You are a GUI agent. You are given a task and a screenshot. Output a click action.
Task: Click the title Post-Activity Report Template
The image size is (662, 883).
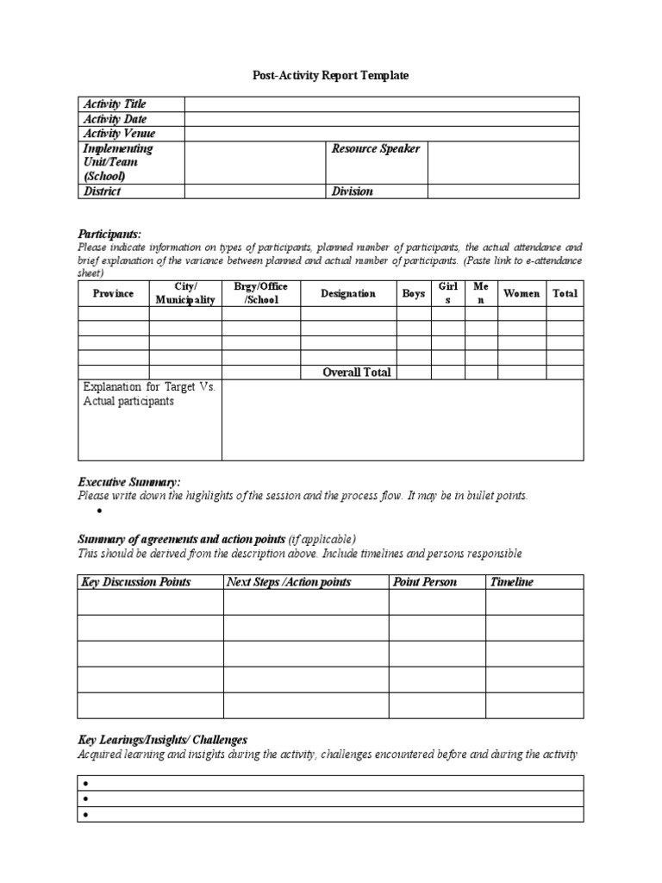click(x=330, y=76)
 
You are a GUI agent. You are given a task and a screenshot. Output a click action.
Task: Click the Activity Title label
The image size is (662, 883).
click(x=115, y=104)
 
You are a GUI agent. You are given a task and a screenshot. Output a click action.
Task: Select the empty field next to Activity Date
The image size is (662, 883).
click(x=381, y=119)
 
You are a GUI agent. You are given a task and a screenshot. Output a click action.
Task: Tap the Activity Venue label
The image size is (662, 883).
click(x=119, y=134)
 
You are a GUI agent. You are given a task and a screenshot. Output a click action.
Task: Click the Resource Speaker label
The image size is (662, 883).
click(x=376, y=149)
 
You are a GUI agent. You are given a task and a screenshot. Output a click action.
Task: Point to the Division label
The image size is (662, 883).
click(x=353, y=191)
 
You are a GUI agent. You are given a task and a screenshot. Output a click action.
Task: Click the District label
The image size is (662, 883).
click(x=102, y=191)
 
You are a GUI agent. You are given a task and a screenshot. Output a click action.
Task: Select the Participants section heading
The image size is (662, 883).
click(x=109, y=234)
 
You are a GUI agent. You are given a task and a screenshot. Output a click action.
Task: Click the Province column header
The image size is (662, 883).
click(x=113, y=293)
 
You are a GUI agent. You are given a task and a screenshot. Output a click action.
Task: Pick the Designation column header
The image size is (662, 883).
click(x=348, y=293)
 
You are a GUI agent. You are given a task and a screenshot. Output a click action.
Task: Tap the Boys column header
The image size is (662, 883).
click(x=413, y=293)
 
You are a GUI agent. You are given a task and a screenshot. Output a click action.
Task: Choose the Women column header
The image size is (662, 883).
click(x=521, y=293)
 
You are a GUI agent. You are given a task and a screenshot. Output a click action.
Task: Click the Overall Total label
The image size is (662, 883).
click(x=356, y=373)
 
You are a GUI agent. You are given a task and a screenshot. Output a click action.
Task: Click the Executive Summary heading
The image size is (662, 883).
click(x=129, y=481)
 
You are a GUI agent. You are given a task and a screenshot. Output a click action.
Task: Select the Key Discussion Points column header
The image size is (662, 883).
click(x=135, y=582)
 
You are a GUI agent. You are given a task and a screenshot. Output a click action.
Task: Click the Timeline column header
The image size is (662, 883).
click(x=512, y=582)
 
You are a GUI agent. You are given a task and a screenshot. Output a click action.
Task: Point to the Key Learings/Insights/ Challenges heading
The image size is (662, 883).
click(x=163, y=740)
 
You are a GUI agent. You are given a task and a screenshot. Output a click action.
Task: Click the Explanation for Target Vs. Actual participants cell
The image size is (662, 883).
click(x=149, y=395)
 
